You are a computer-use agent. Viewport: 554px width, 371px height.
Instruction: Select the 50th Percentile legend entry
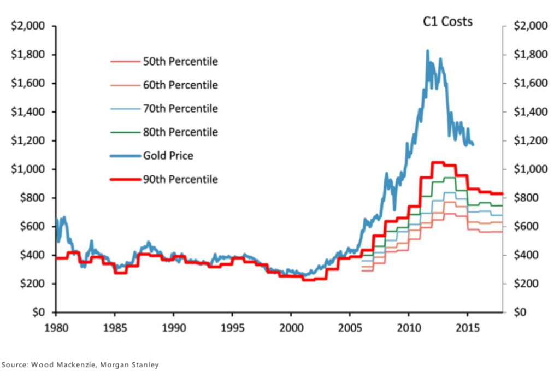pos(180,61)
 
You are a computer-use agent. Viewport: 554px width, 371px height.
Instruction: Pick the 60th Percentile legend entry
pos(180,85)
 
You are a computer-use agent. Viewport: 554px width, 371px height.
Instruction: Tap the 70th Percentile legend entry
pos(180,108)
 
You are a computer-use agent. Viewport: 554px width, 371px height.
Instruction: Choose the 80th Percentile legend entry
pos(180,132)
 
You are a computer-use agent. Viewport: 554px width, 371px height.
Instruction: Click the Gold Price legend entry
pos(168,155)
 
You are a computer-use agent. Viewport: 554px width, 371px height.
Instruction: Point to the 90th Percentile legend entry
pos(180,179)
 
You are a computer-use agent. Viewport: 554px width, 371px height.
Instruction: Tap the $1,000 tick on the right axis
pos(529,169)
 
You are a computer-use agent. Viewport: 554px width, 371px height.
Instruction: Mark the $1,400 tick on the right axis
pos(529,112)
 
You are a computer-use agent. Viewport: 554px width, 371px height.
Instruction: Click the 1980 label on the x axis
pos(55,328)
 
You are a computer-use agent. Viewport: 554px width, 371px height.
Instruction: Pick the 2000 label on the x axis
pos(291,328)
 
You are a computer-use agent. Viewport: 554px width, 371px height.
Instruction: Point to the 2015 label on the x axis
pos(467,328)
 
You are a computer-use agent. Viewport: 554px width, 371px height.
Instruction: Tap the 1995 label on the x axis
pos(232,328)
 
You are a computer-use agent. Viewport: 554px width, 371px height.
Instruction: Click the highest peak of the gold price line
pos(427,51)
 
